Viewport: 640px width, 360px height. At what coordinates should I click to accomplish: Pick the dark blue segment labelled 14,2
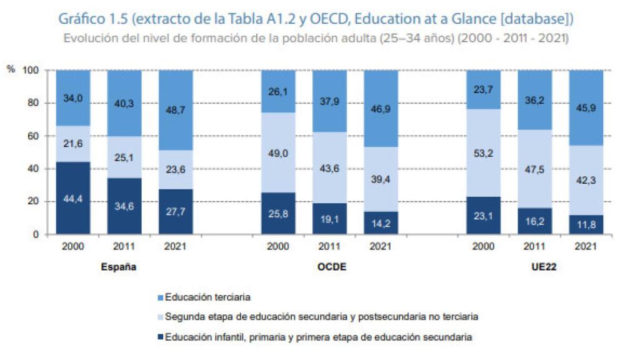(x=381, y=223)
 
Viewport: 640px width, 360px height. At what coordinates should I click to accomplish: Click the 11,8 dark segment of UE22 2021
(x=586, y=225)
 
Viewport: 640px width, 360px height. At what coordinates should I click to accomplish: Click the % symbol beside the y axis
(x=10, y=70)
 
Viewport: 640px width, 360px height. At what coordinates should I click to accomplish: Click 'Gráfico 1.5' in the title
(x=97, y=19)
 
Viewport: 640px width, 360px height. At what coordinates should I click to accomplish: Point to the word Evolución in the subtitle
(x=88, y=37)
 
